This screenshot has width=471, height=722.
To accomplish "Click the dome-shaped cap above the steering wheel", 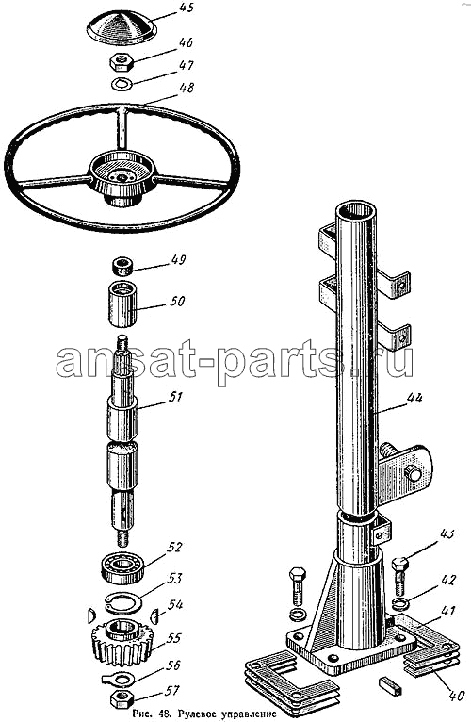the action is [122, 27].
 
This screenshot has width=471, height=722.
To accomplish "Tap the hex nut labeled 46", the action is [122, 61].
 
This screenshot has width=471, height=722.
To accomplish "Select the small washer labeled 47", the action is [122, 84].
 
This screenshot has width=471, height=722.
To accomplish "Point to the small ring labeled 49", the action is [122, 265].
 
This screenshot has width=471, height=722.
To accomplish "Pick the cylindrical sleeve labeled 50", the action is [123, 303].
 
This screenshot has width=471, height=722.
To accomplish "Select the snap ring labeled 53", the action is [122, 603].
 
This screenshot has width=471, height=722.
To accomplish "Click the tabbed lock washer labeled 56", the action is [119, 679].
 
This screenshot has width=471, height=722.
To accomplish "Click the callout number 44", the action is [414, 397].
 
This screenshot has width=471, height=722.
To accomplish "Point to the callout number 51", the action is [175, 397].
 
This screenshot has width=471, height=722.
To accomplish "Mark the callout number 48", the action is [185, 88].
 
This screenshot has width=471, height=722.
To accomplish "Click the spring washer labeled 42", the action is [401, 602].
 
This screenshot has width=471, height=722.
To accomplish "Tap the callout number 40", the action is [456, 696].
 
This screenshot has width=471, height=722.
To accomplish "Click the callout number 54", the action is [175, 604].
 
